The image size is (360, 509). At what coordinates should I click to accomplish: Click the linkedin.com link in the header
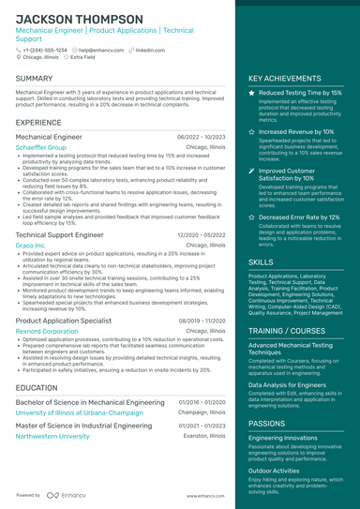click(x=150, y=50)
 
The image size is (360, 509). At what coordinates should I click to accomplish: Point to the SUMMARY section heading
click(x=35, y=79)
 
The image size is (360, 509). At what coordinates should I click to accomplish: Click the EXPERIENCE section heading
click(x=38, y=123)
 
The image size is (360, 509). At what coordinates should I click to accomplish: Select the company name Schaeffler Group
click(x=41, y=147)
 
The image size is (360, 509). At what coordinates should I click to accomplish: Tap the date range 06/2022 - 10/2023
click(x=202, y=137)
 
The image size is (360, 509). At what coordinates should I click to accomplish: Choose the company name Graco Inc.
click(x=31, y=246)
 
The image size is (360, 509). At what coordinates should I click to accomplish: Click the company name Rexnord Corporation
click(x=47, y=331)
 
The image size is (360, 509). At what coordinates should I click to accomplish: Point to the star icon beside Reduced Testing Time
click(x=251, y=94)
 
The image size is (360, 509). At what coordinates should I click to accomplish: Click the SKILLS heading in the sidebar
click(x=262, y=262)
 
